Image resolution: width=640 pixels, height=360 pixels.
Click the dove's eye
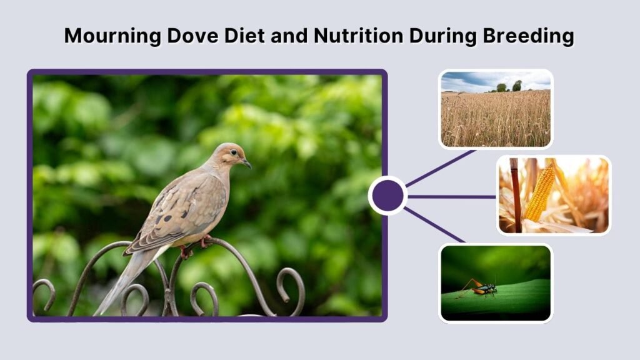coord(236,154)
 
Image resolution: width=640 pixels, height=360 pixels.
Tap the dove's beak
coord(247,164)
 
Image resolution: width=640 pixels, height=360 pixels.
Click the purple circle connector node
coord(387,196)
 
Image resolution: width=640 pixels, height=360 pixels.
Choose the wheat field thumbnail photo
coord(496,109)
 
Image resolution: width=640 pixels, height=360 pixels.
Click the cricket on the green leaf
coord(482,288)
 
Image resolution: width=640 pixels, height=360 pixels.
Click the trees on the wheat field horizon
coord(509,86)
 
